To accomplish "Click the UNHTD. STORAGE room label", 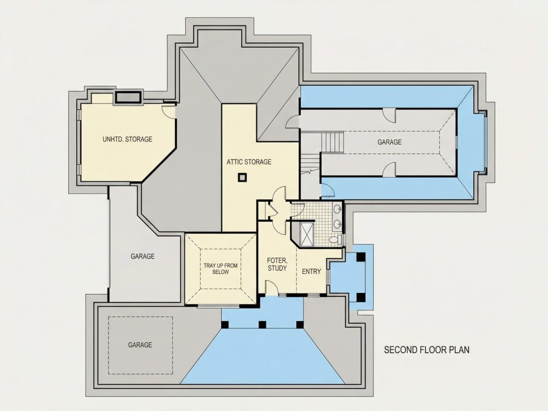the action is coord(128,139).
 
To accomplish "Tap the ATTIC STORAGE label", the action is coord(249,162).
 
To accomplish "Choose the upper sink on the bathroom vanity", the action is coord(338,210).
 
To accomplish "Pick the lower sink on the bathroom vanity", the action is coord(338,224).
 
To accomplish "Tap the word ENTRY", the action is coord(311,272).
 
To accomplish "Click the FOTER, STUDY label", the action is coord(277,264).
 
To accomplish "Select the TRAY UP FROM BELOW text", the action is coord(221,269).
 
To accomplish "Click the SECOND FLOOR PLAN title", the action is coord(427,350).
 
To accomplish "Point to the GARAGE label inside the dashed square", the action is coord(140,345).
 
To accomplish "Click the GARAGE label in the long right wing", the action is coord(390,142).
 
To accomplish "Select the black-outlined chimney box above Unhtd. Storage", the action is coord(129,97).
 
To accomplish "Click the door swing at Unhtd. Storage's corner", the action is coord(169,111).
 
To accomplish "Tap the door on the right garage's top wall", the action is coord(389,115).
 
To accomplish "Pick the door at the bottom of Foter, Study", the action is coord(272,287).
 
